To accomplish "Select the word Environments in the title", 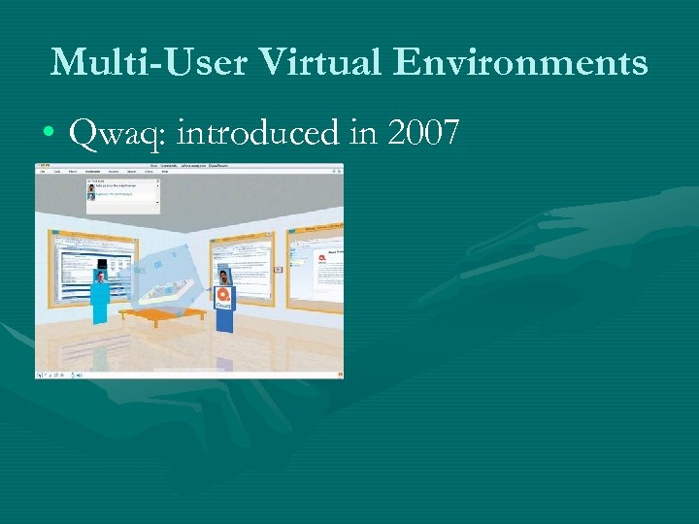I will click(x=520, y=62).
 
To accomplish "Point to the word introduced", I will click(x=259, y=133).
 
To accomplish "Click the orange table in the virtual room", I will click(x=169, y=314).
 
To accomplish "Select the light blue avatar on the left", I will click(x=99, y=296).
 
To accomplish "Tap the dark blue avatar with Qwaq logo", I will click(x=224, y=301).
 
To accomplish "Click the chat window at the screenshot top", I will click(x=122, y=195).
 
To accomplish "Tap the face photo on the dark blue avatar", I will click(x=224, y=276).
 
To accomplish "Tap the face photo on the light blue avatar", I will click(x=99, y=277).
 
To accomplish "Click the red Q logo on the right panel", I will click(x=305, y=255).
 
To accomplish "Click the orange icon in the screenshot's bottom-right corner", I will click(x=338, y=373).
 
